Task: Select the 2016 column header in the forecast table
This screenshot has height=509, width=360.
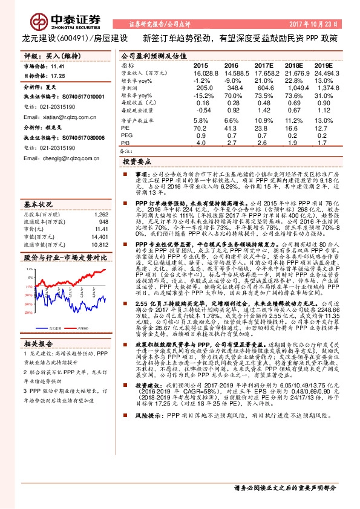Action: [231, 65]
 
